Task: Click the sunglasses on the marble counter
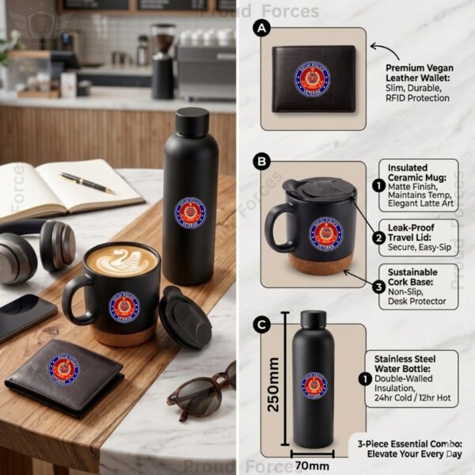point(201,388)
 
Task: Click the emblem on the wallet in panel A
point(313,79)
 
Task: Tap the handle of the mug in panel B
point(276,226)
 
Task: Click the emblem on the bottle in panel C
point(313,385)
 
